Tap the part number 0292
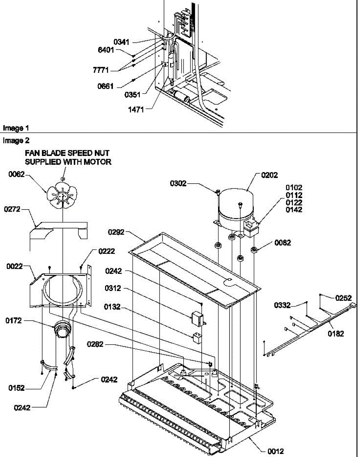pos(116,232)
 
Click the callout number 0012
pos(276,451)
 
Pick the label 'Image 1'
pos(16,128)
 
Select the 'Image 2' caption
pos(16,141)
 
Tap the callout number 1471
pos(136,110)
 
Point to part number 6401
pos(106,50)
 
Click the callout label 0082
pos(283,243)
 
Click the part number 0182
pos(336,334)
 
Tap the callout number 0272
pos(12,209)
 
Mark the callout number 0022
pos(14,266)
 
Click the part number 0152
pos(17,388)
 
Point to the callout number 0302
pos(178,184)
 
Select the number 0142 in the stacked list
pos(294,210)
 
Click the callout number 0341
pos(121,42)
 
